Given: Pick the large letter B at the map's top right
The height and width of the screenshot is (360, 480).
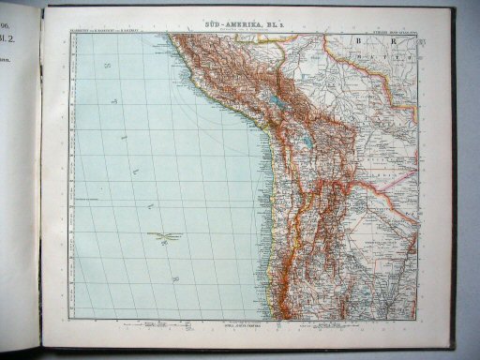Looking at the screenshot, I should pos(357,42).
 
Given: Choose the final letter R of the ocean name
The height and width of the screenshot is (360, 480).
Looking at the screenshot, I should pos(174,279).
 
